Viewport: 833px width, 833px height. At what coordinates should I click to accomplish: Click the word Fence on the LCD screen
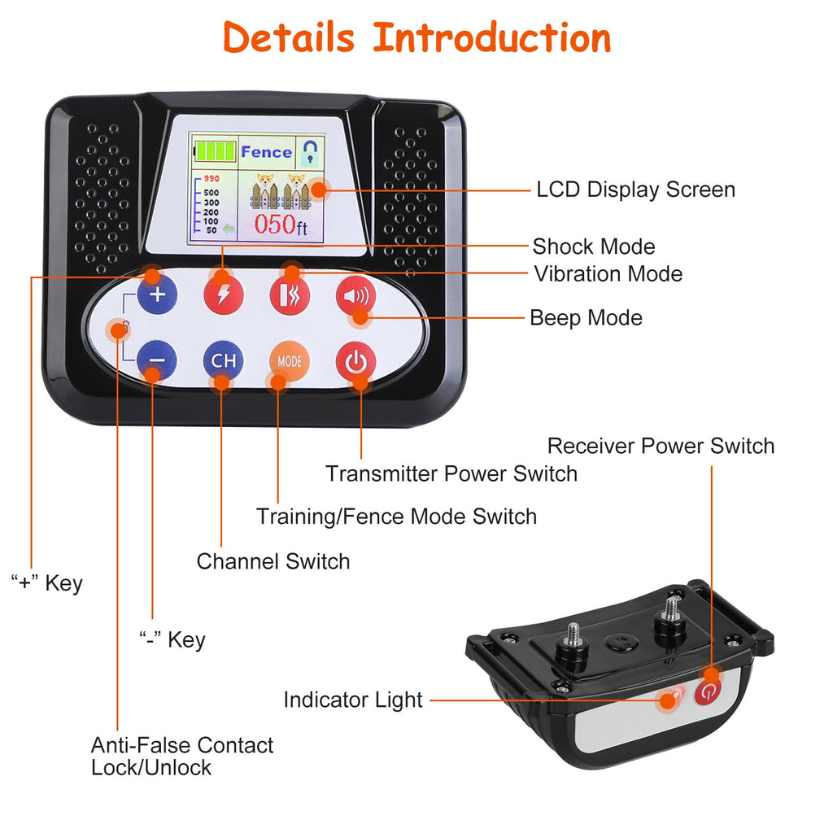[266, 151]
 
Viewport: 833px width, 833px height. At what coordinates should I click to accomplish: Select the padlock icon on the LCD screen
[309, 151]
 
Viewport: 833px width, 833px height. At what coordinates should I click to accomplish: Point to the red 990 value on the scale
[212, 178]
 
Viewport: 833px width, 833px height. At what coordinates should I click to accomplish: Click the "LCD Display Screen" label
[635, 190]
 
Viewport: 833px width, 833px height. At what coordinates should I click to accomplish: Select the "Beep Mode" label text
[586, 317]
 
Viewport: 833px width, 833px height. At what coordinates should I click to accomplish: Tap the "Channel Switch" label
[273, 561]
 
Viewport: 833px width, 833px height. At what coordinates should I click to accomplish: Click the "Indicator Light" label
[353, 700]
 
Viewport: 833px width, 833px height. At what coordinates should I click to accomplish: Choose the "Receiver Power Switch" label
[661, 446]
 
